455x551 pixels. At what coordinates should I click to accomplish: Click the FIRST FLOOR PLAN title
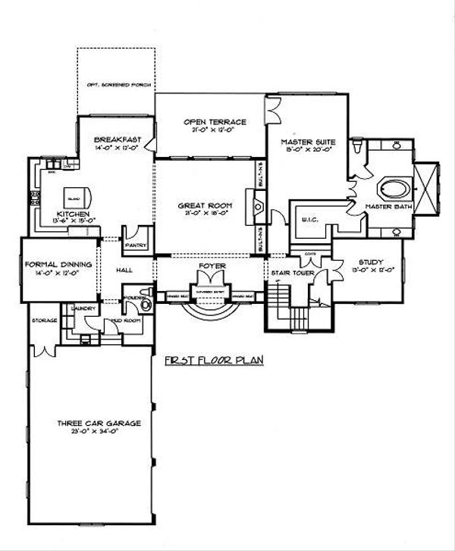213,362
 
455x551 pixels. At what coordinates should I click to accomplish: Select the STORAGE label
44,321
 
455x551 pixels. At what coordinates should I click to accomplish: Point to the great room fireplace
259,204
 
